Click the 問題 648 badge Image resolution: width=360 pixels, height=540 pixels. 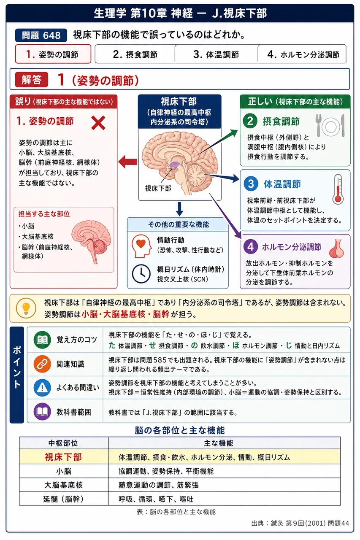[x=41, y=35]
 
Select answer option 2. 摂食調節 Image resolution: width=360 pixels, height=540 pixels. [x=135, y=54]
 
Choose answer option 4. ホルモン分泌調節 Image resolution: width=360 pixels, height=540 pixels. [x=302, y=54]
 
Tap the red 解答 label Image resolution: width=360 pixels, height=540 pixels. [x=32, y=80]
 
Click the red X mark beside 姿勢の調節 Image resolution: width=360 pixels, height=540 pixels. [x=98, y=123]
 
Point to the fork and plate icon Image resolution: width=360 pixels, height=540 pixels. [x=330, y=126]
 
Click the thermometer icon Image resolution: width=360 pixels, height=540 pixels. [x=338, y=189]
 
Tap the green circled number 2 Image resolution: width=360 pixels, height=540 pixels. [x=250, y=121]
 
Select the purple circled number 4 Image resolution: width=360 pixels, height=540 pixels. [x=251, y=247]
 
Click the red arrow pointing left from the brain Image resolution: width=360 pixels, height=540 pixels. [x=127, y=162]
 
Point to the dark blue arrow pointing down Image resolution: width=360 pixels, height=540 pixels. [x=179, y=209]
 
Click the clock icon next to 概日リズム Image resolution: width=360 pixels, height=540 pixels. [x=141, y=274]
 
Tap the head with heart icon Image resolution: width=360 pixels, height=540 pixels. [x=141, y=246]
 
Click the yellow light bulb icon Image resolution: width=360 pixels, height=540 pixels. [x=26, y=308]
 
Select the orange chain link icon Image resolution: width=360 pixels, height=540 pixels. [x=42, y=364]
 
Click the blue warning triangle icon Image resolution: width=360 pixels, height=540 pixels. [x=42, y=387]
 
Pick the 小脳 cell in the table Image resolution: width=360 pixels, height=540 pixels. [x=64, y=471]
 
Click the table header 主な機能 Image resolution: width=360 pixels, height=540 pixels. [x=219, y=443]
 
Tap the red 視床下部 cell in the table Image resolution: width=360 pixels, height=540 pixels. [x=64, y=457]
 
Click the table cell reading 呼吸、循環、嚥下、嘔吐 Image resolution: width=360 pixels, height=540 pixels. [x=156, y=499]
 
